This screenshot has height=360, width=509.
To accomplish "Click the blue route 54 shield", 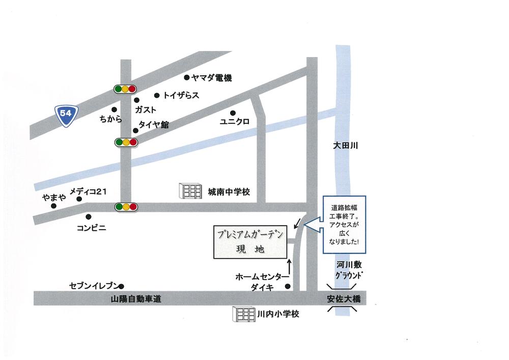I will click(x=65, y=113).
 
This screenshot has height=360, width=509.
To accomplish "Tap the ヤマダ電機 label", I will click(x=211, y=78).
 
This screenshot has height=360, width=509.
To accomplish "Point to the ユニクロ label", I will click(x=234, y=122).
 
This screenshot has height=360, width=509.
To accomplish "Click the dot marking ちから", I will click(x=114, y=109).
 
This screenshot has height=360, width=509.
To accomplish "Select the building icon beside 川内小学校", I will click(x=243, y=314).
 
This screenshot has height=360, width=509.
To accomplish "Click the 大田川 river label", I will click(x=346, y=146).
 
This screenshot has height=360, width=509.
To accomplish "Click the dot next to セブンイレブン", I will click(x=122, y=286).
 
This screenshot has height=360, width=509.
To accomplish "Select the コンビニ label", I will click(x=91, y=228).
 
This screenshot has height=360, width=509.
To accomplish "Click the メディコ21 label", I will click(x=88, y=191).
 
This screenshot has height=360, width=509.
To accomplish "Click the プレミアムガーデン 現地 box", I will click(x=247, y=242).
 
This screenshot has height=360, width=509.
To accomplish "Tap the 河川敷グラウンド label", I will click(x=350, y=270).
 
